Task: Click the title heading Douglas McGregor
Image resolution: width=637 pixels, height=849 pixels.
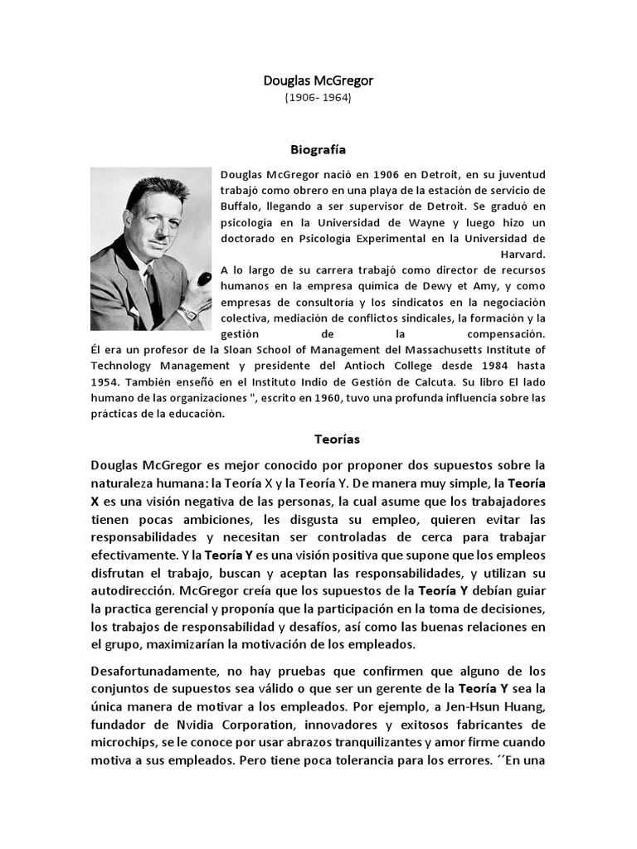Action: tap(318, 80)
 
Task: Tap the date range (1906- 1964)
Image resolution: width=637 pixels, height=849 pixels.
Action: tap(318, 97)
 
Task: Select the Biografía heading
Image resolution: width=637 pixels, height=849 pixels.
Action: tap(318, 150)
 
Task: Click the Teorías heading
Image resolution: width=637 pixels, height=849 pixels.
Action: tap(338, 439)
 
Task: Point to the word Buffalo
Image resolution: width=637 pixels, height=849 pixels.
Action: tap(241, 205)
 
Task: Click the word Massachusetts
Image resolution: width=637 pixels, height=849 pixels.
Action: tap(439, 349)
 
